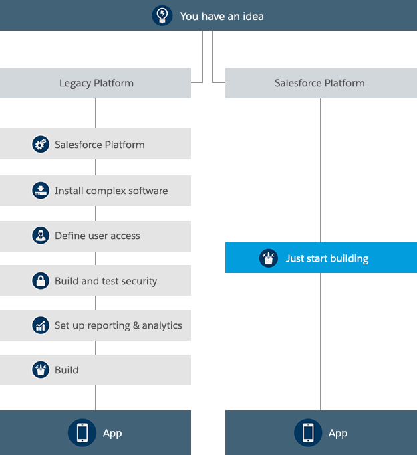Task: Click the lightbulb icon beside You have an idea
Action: pos(162,15)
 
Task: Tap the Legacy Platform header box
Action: pos(96,83)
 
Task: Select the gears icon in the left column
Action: pos(41,144)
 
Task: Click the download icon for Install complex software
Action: pos(41,190)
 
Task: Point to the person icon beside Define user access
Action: pos(41,236)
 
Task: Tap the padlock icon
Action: pos(41,280)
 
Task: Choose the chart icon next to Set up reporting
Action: pos(41,325)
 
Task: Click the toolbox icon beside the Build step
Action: pos(41,369)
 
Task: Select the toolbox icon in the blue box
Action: pos(269,258)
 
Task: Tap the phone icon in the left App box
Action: pos(82,432)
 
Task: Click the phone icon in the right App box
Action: pos(308,432)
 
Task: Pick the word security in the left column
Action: pos(139,281)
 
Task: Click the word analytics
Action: pos(162,326)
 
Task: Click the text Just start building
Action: pos(327,258)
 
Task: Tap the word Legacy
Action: pos(76,83)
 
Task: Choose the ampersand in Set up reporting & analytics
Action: pos(136,325)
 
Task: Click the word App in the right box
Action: pos(338,433)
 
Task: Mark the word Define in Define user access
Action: pos(69,236)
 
